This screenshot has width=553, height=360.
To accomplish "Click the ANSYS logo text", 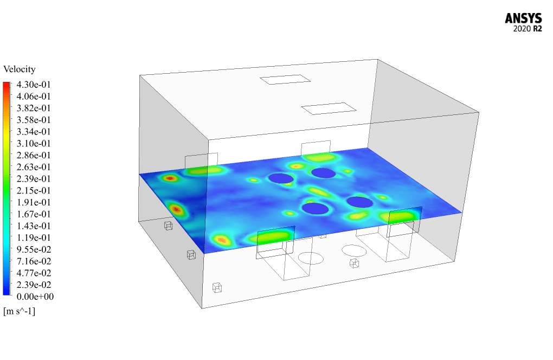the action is [x=523, y=18].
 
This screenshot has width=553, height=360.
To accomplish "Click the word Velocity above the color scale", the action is [x=20, y=69].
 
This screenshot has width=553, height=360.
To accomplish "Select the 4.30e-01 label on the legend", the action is [x=34, y=85].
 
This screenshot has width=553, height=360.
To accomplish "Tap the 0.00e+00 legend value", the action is [x=35, y=297].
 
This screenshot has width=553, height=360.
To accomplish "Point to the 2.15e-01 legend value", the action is [x=34, y=190].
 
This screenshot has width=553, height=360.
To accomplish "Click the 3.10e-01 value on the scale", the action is [x=34, y=144].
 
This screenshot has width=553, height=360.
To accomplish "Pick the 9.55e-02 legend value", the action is [x=34, y=249].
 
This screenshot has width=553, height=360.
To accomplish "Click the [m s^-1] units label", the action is [x=20, y=311].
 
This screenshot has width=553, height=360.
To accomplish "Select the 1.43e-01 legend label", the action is [x=34, y=226].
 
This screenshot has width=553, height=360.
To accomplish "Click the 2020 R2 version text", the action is [x=528, y=29].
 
